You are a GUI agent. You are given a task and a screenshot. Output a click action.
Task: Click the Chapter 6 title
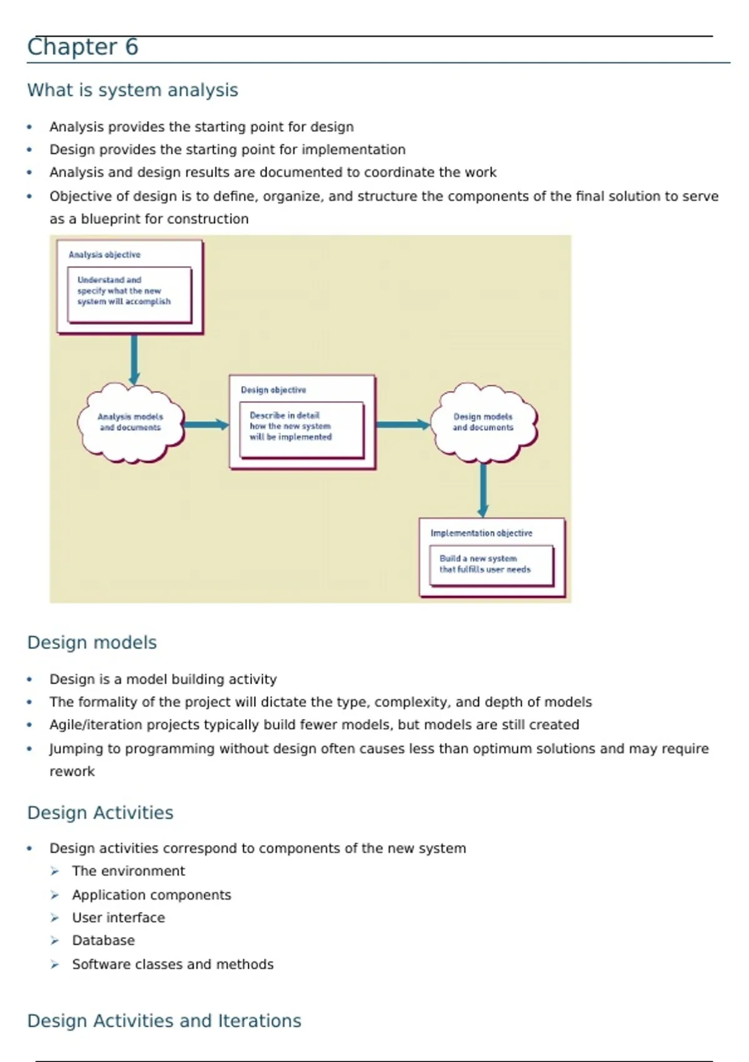[82, 47]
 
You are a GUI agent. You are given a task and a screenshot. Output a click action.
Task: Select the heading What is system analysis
[132, 90]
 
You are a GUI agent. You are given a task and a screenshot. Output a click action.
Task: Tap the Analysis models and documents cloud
[130, 423]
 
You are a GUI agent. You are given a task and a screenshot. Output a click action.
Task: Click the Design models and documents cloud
[483, 423]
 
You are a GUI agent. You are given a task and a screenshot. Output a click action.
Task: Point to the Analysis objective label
[104, 255]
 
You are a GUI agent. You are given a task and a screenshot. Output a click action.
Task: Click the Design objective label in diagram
[273, 390]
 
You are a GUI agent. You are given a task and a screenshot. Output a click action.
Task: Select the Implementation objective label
[481, 533]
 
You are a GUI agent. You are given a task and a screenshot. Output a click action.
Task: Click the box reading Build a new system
[491, 565]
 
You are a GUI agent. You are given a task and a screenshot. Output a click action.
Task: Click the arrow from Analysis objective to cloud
[134, 359]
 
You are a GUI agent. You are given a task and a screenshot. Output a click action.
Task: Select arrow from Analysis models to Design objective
[207, 425]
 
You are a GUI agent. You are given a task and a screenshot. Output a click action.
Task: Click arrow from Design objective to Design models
[403, 425]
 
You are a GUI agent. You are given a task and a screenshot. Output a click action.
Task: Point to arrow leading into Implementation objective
[483, 490]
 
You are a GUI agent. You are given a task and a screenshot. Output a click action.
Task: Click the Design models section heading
[92, 642]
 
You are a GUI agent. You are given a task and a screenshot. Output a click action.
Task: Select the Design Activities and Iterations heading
[164, 1021]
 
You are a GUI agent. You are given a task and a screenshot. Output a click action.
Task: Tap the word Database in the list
[103, 940]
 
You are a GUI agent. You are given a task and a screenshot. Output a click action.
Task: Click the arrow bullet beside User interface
[55, 918]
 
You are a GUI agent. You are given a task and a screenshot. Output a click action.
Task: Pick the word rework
[72, 772]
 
